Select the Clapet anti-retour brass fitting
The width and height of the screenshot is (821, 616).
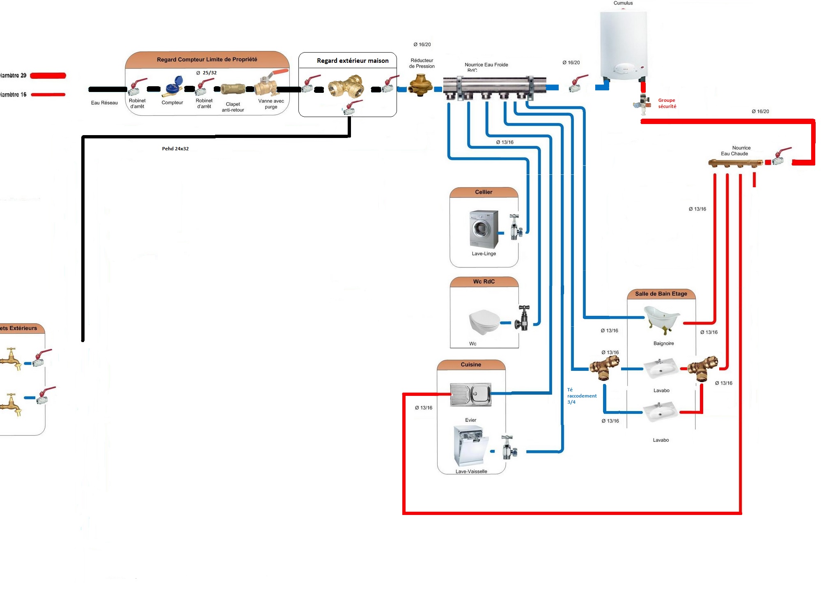pos(233,89)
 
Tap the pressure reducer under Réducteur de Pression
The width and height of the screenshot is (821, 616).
pos(420,85)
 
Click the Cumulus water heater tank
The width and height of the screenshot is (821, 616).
pos(623,45)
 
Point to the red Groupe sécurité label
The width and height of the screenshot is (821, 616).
pos(667,103)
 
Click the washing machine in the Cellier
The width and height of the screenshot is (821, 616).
pos(484,229)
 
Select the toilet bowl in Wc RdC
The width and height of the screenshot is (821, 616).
pos(484,321)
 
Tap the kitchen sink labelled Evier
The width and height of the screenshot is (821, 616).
pos(471,394)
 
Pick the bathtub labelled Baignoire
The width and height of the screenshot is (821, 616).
pos(662,318)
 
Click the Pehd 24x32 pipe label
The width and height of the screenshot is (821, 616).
pos(175,149)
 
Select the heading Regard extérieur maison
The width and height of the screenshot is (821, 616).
pos(353,61)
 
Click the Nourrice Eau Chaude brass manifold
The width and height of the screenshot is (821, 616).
pos(735,163)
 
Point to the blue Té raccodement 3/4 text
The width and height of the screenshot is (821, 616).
pos(582,396)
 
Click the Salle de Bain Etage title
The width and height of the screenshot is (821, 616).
pos(661,294)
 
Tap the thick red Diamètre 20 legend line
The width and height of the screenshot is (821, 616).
pos(48,76)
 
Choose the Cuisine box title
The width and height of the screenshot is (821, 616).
pos(471,365)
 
